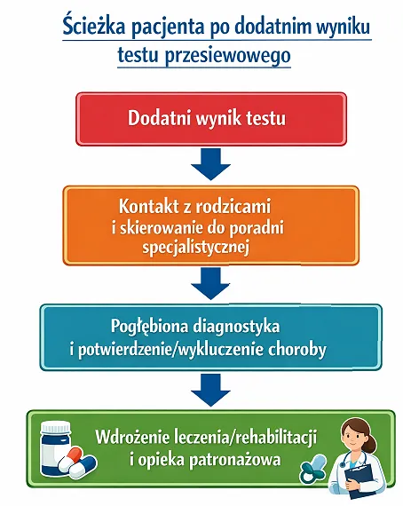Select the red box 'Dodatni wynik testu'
(211, 119)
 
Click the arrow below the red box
(210, 164)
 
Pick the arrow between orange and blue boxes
(210, 283)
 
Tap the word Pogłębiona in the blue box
(149, 327)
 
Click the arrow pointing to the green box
(210, 390)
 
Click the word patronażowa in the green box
(234, 460)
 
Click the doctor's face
(355, 436)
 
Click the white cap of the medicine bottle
(55, 427)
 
